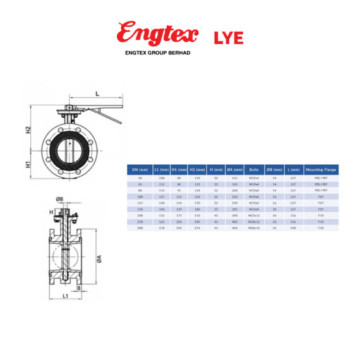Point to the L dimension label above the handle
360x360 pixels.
(x=97, y=93)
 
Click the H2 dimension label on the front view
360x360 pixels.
(x=28, y=129)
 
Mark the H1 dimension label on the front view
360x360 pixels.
(x=28, y=164)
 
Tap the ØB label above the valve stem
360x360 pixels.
(x=59, y=200)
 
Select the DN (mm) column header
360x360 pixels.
(x=138, y=170)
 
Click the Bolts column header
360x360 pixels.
(x=254, y=170)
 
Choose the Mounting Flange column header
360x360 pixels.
(x=321, y=170)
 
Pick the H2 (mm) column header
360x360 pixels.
(x=196, y=170)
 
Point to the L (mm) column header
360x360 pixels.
(x=292, y=170)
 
